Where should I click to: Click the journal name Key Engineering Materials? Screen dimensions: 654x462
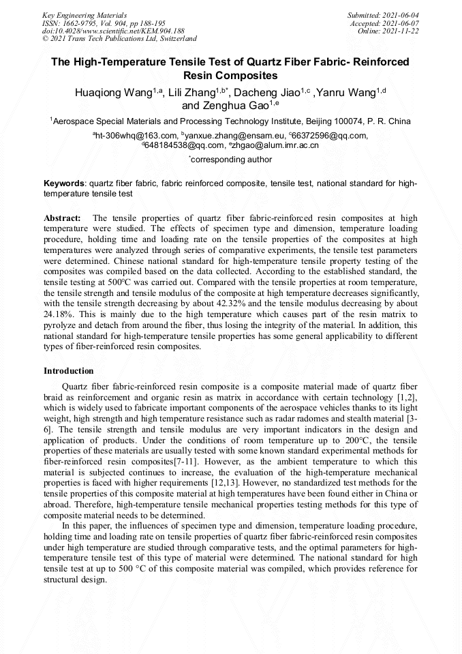pyautogui.click(x=84, y=14)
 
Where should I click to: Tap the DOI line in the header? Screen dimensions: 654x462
pyautogui.click(x=113, y=31)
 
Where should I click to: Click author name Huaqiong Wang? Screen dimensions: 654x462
pyautogui.click(x=114, y=93)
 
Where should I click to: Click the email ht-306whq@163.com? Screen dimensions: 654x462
pyautogui.click(x=136, y=136)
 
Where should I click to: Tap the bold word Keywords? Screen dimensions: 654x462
pyautogui.click(x=64, y=184)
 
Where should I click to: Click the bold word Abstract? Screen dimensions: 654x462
pyautogui.click(x=62, y=218)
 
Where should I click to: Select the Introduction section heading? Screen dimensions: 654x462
pyautogui.click(x=69, y=371)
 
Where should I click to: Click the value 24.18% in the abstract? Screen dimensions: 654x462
pyautogui.click(x=59, y=314)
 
